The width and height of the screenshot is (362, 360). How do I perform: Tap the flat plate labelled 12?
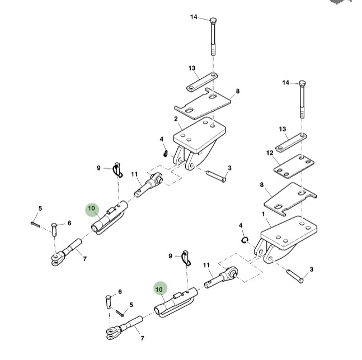(x=293, y=165)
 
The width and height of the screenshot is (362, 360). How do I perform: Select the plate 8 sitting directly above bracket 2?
(x=204, y=103)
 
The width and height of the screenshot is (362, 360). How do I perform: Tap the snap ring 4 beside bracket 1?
(x=245, y=240)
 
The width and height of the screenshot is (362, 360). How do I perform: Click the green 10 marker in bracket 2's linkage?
(x=91, y=210)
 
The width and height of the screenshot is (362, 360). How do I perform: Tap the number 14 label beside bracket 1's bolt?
(x=285, y=83)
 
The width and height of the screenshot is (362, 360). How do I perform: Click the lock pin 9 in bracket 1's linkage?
(x=187, y=259)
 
